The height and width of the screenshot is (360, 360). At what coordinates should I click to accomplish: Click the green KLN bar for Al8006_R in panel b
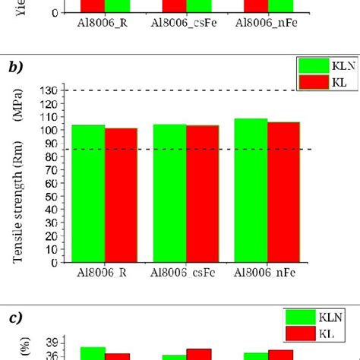(89, 194)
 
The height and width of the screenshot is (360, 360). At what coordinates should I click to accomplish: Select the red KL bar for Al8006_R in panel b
(121, 195)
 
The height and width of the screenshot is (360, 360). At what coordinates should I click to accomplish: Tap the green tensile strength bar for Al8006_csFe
(170, 194)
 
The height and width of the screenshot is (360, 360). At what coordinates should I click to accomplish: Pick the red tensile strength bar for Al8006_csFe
(202, 194)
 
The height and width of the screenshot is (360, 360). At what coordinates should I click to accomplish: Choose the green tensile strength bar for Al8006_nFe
(251, 191)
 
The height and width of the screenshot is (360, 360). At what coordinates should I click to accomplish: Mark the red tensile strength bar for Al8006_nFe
(283, 192)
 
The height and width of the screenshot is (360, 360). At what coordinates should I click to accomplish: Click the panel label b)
(16, 66)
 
